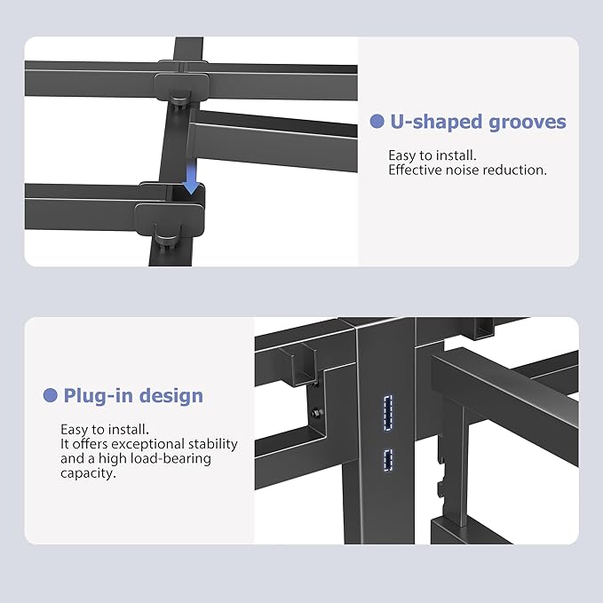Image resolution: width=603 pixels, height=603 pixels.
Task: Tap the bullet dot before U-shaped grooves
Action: [377, 122]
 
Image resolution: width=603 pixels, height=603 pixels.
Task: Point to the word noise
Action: [459, 170]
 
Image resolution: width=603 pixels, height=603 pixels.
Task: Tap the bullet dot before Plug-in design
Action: [51, 395]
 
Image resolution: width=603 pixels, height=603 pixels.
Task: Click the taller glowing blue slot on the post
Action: [387, 414]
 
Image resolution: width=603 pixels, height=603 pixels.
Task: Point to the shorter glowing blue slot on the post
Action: [387, 458]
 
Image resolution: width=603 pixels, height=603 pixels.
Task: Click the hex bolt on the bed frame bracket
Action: [316, 412]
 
